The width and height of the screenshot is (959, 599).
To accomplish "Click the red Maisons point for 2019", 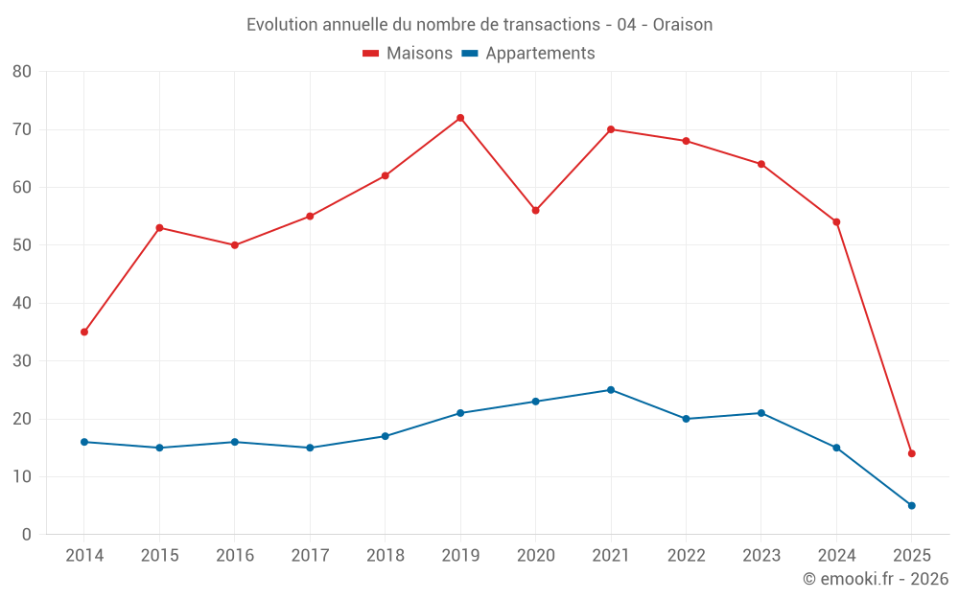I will tap(460, 118).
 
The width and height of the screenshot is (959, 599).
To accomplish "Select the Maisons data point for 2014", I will tap(84, 332).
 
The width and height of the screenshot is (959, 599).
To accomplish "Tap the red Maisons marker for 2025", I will tap(912, 453).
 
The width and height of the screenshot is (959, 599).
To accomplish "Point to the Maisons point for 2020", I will tap(535, 210).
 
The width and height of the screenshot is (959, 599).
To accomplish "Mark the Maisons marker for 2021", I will tap(611, 129).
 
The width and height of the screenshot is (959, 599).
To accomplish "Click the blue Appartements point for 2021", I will tap(611, 390).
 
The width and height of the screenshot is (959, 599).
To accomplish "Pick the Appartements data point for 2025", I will tap(912, 505).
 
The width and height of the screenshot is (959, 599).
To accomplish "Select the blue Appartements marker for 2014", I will tap(84, 442).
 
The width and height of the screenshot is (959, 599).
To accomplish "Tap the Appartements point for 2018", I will tap(386, 436).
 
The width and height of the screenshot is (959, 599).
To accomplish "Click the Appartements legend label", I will tap(540, 54).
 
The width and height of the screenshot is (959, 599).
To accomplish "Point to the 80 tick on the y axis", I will tap(22, 72).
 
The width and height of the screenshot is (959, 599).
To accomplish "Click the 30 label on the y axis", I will tap(22, 361).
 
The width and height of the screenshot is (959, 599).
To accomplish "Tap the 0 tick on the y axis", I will tap(27, 535).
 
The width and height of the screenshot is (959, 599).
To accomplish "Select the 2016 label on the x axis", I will tap(235, 556).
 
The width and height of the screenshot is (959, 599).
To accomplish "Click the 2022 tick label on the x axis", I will tap(686, 556).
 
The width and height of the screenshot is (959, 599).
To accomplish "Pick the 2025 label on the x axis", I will tap(912, 556).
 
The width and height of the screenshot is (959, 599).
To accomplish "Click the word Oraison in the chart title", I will tap(683, 25).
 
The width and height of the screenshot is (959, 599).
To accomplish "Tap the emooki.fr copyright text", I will tap(876, 579).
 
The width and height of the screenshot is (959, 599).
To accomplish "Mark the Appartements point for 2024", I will tap(836, 448).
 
